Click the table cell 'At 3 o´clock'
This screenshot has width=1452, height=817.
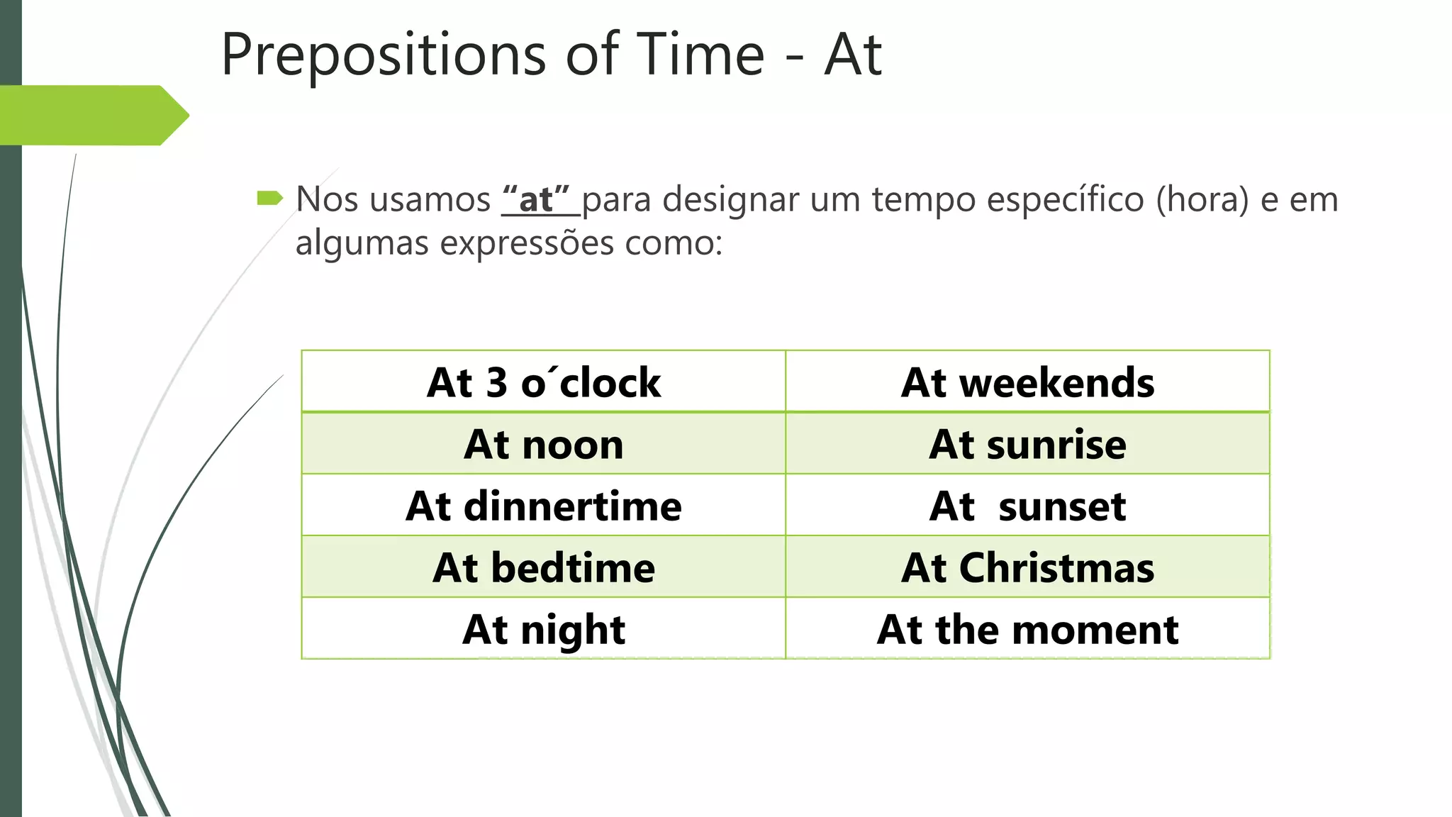[544, 382]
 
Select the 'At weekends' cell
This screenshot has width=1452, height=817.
[1027, 382]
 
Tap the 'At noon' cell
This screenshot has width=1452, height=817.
[544, 444]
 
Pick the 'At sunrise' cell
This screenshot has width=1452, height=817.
[1027, 444]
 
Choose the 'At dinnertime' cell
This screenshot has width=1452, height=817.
[544, 506]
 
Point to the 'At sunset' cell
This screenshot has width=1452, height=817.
[1027, 506]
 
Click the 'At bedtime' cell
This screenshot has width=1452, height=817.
[544, 567]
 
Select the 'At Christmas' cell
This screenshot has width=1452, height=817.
[1027, 567]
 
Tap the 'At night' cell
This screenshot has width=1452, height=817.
[544, 629]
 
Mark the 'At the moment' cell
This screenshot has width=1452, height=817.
[1027, 629]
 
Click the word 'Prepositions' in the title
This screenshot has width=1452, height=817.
[384, 55]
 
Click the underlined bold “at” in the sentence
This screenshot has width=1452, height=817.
[536, 199]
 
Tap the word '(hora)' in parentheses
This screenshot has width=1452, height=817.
[1202, 199]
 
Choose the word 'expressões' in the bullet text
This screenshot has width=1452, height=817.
[527, 243]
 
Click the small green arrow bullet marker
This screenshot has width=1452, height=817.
[269, 198]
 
